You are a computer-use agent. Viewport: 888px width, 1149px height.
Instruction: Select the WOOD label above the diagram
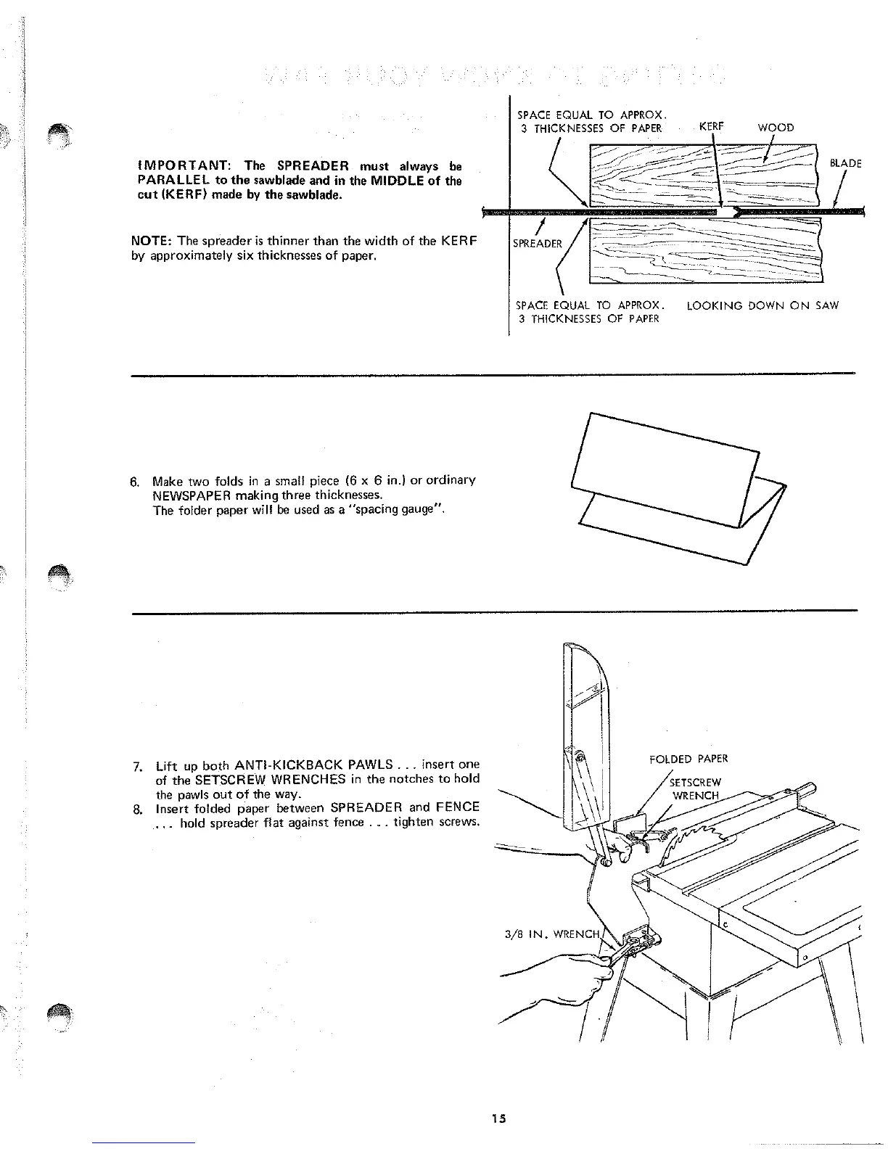[776, 128]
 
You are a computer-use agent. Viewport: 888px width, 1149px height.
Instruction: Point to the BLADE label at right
[845, 164]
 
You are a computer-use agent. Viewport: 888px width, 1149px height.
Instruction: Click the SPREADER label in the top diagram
[537, 244]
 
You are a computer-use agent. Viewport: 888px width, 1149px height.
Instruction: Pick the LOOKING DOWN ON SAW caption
[762, 305]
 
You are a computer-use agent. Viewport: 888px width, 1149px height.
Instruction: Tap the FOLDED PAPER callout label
[688, 759]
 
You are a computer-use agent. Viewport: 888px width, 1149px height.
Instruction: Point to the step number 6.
[134, 482]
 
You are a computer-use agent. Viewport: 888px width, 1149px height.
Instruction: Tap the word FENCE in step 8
[459, 807]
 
